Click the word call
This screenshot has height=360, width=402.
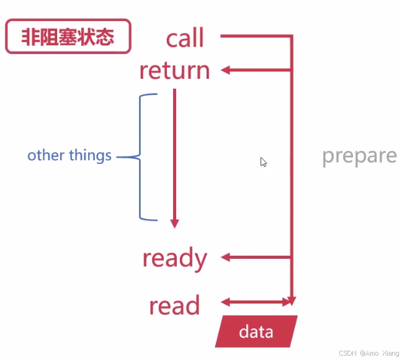click(x=185, y=38)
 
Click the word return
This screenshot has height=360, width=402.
click(x=174, y=71)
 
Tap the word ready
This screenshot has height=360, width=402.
click(x=174, y=258)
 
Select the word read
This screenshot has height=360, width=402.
click(x=174, y=306)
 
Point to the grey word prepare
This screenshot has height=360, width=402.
click(x=359, y=155)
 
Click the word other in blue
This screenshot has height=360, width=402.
click(x=46, y=155)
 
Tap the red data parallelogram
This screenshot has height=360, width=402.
click(x=256, y=331)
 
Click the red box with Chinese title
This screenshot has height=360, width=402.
click(x=68, y=37)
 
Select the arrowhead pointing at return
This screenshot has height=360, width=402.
click(x=226, y=70)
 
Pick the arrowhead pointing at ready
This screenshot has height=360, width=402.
click(x=226, y=257)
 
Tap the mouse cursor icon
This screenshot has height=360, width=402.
click(x=264, y=162)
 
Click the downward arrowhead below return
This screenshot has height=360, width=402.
click(x=175, y=223)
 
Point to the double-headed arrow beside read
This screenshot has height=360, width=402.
click(x=255, y=303)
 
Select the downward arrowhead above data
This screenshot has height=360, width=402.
click(x=292, y=301)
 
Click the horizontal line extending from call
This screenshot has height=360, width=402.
click(x=254, y=37)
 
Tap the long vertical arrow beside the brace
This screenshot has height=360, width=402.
click(x=175, y=155)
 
